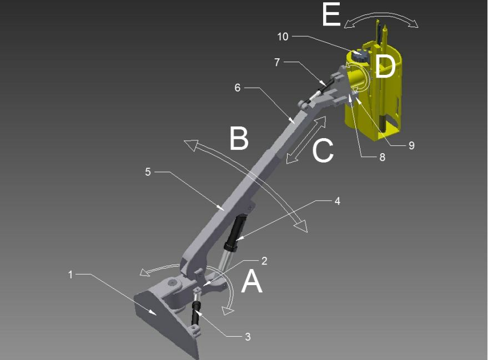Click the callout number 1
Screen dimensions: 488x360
pos(71,275)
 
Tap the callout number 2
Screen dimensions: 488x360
pos(264,261)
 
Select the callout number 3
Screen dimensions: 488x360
pos(248,337)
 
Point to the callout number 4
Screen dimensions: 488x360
pos(338,201)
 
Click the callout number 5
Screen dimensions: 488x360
pos(148,171)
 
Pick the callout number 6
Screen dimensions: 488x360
pos(238,88)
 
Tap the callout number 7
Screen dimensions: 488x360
pos(277,63)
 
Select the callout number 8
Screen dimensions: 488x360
pos(382,158)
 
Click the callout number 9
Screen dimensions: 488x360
pos(411,145)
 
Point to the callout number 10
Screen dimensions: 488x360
pos(283,37)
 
